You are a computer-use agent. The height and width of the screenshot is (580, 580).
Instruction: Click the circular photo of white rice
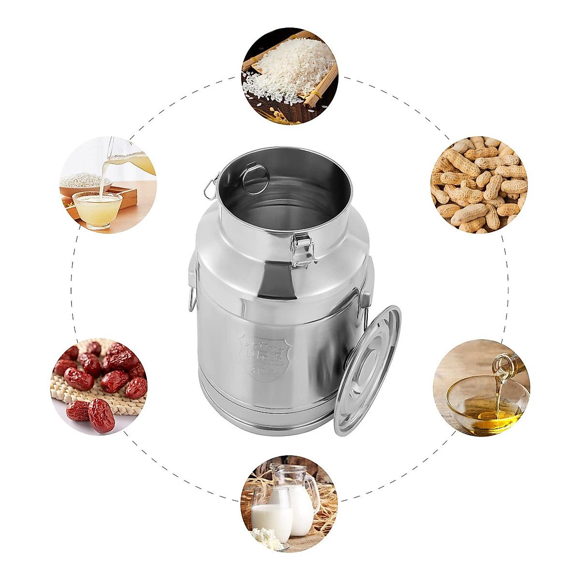(x=290, y=76)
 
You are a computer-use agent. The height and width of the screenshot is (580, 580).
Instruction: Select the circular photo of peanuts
(x=478, y=185)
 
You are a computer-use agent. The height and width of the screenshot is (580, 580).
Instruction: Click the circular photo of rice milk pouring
(x=108, y=185)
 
